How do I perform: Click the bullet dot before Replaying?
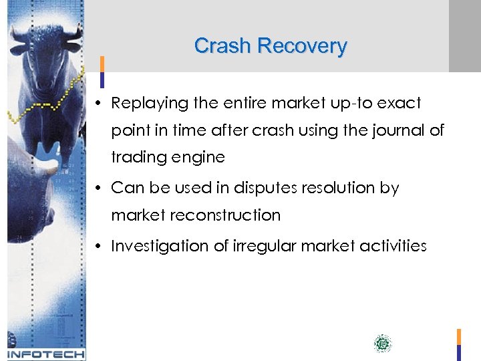click(x=98, y=104)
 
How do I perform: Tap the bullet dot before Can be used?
click(x=98, y=189)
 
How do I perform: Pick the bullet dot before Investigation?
click(x=98, y=246)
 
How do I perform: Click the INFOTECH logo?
click(x=45, y=354)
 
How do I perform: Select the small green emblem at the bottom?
click(x=383, y=344)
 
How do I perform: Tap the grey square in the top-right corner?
click(x=464, y=35)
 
